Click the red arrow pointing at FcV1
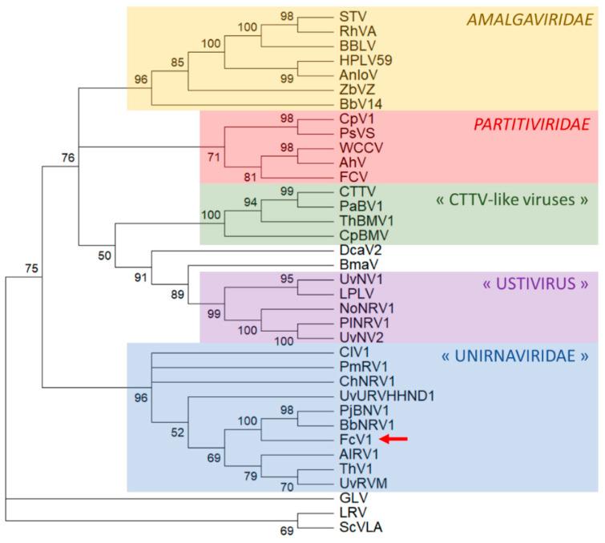[394, 439]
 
